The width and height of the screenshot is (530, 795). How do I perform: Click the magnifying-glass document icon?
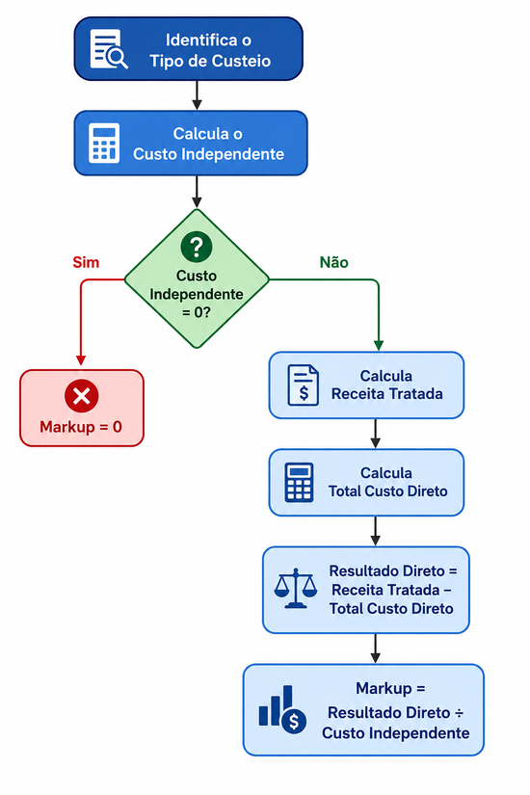click(109, 49)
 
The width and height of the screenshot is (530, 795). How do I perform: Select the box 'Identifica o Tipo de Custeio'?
click(189, 49)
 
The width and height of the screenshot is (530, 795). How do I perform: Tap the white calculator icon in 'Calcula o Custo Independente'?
click(104, 143)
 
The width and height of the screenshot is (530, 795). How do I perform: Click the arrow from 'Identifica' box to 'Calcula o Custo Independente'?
click(197, 95)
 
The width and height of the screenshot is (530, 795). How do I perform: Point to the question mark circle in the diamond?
click(197, 247)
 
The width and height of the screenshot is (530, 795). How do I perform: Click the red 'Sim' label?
click(86, 262)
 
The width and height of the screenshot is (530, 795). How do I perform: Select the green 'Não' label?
click(333, 262)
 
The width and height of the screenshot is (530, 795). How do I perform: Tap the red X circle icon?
click(81, 395)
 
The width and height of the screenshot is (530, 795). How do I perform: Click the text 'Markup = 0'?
click(81, 427)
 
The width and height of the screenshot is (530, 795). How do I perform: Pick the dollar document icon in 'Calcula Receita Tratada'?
click(303, 385)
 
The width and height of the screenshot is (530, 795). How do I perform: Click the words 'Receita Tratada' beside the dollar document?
click(387, 394)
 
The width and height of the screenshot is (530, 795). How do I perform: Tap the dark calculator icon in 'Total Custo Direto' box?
click(299, 482)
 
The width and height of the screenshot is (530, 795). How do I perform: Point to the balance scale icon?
click(296, 588)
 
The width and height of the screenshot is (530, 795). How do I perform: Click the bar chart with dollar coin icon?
click(282, 709)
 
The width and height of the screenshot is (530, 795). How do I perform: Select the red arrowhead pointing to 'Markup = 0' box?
click(81, 360)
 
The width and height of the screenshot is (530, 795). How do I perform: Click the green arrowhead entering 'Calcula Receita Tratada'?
click(379, 345)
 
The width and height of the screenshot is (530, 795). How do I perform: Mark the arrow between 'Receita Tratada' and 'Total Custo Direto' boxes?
click(375, 434)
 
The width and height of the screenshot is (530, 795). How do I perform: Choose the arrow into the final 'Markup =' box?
click(375, 649)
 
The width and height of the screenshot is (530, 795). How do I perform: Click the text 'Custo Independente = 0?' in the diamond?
click(197, 294)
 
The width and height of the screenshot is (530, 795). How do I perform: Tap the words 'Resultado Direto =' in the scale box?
click(393, 570)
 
